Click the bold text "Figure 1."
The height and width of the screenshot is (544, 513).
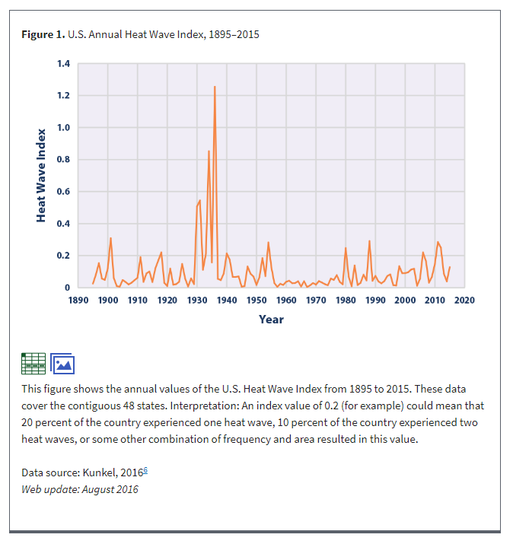click(x=43, y=35)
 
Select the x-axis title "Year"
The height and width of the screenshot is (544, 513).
click(x=271, y=320)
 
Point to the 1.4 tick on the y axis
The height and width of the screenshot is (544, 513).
click(x=64, y=64)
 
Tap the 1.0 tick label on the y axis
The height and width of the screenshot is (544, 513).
click(x=64, y=128)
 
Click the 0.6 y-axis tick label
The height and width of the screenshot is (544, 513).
click(x=64, y=192)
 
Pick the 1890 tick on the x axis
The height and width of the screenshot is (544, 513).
click(x=78, y=300)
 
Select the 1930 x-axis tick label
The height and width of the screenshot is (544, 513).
click(x=197, y=300)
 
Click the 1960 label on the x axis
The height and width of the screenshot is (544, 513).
click(x=286, y=300)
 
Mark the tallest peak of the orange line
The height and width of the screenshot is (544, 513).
click(x=215, y=87)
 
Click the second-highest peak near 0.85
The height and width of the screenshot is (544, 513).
click(x=209, y=151)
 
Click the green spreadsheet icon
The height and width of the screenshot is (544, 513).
click(x=33, y=363)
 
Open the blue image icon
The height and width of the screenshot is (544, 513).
click(x=62, y=363)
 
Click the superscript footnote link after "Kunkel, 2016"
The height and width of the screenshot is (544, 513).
click(x=145, y=470)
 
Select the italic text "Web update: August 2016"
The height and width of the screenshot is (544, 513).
click(x=80, y=489)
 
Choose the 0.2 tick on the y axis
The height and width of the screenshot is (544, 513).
click(x=64, y=256)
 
